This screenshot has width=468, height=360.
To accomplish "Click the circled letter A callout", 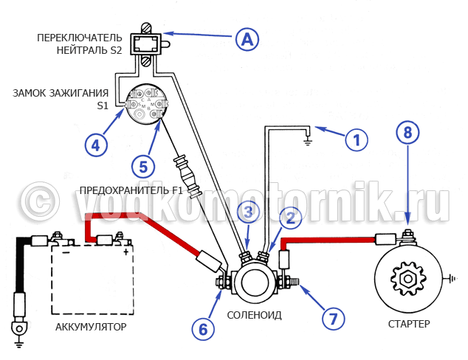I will coord(247,39).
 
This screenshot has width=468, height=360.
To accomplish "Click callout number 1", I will coord(356,139).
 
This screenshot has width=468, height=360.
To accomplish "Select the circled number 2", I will coord(291,217).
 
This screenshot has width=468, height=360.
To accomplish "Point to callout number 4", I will coord(94,145).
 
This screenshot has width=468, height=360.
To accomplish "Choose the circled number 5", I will coord(145,164).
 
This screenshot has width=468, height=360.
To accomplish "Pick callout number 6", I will coord(203,328).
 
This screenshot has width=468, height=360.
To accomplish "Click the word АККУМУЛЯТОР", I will coord(91,326).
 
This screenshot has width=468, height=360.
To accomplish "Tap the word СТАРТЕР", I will coord(408,324).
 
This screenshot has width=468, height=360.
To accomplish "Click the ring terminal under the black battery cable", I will coord(18,326).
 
